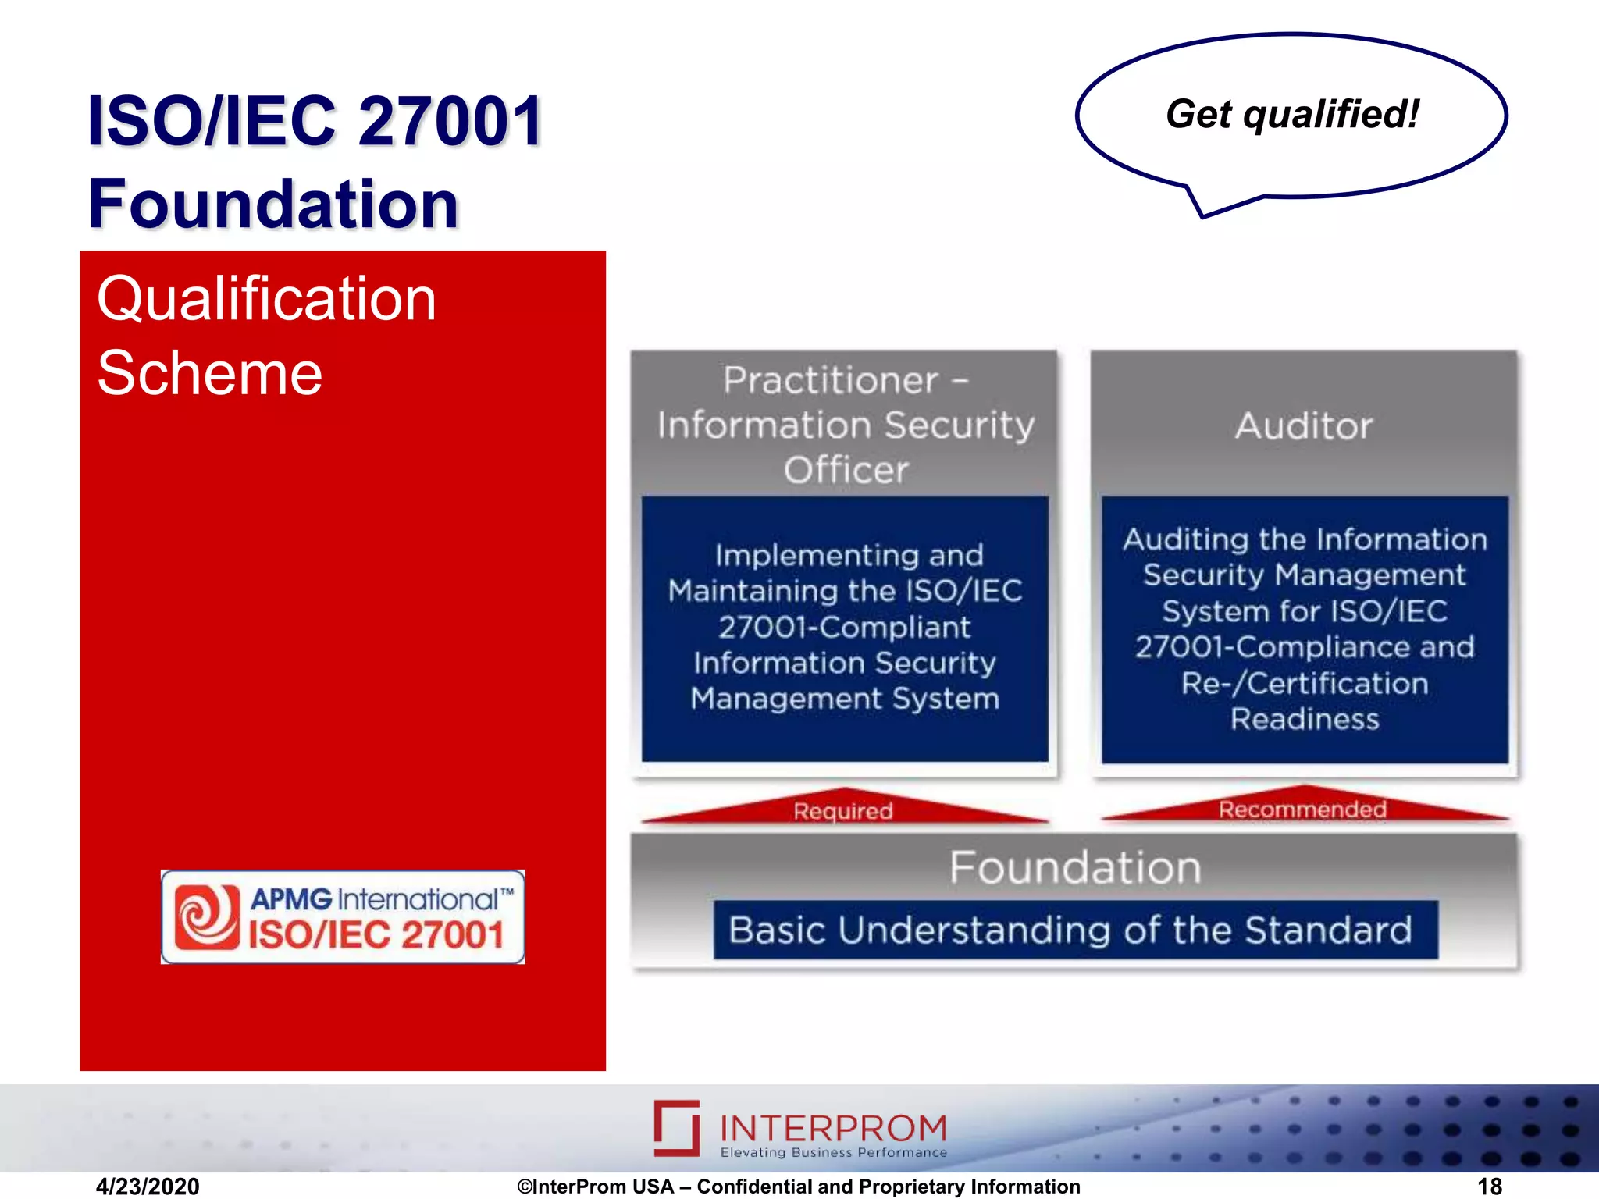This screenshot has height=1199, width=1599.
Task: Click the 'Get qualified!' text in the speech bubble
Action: (1292, 115)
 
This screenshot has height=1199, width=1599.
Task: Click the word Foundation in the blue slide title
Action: (273, 204)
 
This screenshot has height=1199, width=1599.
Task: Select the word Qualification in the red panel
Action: (266, 299)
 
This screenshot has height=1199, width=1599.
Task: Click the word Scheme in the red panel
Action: (209, 373)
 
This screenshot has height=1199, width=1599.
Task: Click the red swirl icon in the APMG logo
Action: (207, 916)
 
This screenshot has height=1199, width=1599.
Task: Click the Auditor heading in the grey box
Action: (1303, 426)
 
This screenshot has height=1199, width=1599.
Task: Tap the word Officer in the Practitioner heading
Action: (846, 470)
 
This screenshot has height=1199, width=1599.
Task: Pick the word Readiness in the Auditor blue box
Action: (1305, 718)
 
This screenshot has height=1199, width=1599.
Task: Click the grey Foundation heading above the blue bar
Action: (1074, 867)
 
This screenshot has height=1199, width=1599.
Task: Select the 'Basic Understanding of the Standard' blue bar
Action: (1074, 930)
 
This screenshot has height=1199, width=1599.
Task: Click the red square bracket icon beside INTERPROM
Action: (677, 1127)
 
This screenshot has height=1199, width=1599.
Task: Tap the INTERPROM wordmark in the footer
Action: (832, 1127)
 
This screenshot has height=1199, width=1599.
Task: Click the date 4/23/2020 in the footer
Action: (148, 1187)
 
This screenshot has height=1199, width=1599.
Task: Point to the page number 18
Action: (1489, 1187)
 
